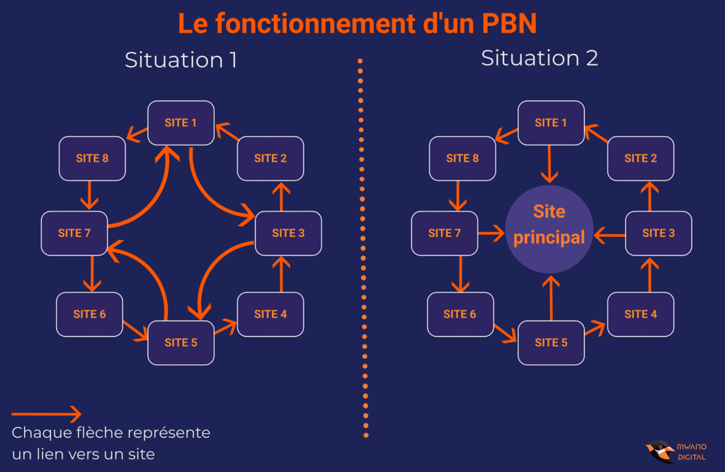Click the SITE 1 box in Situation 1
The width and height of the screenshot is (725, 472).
181,122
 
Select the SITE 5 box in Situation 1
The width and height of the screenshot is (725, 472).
181,343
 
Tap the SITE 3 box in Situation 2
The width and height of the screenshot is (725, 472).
658,233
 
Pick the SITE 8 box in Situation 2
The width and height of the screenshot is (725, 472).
462,159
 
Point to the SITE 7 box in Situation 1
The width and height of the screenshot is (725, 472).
74,233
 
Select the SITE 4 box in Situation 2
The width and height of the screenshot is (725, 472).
640,313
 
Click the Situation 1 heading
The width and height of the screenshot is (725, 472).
181,60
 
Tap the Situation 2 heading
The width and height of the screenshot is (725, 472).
540,58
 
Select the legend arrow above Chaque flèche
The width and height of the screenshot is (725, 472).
47,415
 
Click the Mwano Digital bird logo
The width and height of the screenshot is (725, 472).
660,451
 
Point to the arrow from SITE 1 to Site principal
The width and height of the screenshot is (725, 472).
549,164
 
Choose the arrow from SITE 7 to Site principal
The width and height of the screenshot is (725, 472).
490,232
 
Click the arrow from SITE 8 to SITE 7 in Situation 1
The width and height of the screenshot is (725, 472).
89,195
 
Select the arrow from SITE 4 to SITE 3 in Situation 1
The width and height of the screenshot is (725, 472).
281,275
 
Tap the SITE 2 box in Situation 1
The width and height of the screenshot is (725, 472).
270,159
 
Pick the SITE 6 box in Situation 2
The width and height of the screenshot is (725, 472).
460,313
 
